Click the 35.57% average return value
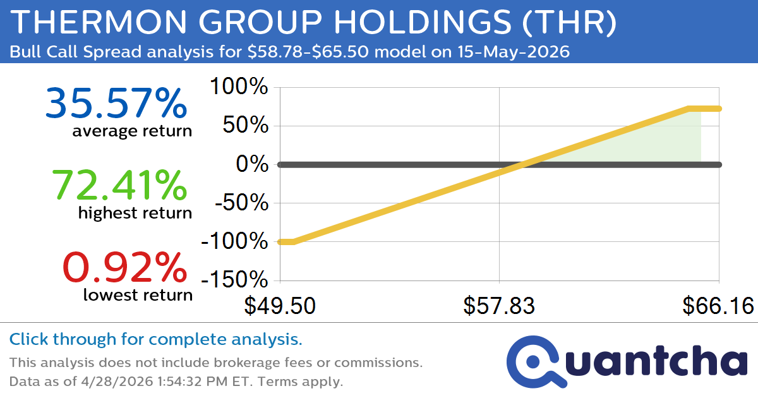pos(116,104)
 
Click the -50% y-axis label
pos(240,203)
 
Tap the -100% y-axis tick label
pos(234,242)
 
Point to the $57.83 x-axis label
pos(499,306)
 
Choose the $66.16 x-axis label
pos(718,306)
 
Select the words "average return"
pos(131,131)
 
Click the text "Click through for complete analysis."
pos(155,340)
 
